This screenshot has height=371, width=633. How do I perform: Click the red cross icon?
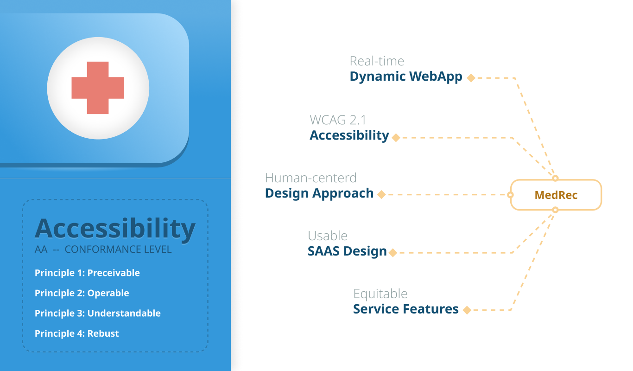[98, 88]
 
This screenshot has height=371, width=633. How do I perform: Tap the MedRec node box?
[556, 195]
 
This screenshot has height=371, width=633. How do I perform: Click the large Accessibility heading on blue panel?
[115, 229]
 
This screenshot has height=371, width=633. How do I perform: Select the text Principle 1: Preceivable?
[87, 273]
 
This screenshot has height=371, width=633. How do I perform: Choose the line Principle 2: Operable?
[82, 293]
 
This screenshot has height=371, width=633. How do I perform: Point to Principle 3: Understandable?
[98, 313]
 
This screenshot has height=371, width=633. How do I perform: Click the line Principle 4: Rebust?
[77, 333]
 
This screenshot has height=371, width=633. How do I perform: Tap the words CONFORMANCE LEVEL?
[118, 249]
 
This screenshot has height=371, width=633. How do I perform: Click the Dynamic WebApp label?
[406, 77]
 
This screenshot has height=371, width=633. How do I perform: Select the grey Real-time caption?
[377, 61]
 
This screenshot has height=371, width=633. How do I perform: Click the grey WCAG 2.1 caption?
[338, 120]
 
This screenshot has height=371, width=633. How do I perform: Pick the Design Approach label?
[319, 193]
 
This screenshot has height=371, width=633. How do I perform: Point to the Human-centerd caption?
[311, 178]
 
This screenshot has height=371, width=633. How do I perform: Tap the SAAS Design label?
[347, 251]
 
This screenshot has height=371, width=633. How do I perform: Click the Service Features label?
[406, 309]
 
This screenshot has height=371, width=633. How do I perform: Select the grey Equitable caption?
[380, 294]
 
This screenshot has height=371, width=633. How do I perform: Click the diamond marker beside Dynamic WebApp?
[471, 78]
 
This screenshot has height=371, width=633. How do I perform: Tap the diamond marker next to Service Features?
[467, 310]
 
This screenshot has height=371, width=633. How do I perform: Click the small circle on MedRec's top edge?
[555, 179]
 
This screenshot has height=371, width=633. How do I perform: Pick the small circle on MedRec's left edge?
[511, 195]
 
